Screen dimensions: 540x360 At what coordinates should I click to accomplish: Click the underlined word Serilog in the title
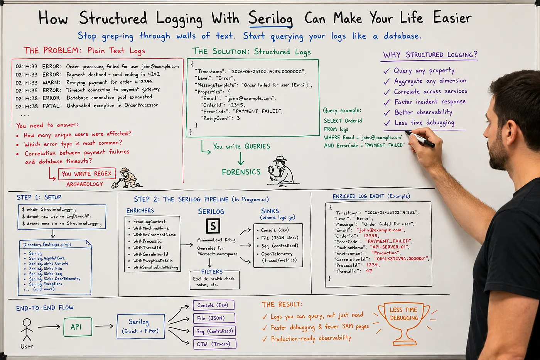pos(270,18)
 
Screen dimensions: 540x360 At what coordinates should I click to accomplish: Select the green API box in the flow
pos(78,327)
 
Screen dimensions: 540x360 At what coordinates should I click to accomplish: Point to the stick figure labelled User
pos(27,330)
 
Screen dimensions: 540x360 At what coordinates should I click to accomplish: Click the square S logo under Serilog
pos(213,226)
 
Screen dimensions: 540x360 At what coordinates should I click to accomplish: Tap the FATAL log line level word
pos(52,106)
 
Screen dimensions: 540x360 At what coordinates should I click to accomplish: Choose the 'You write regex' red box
pos(87,174)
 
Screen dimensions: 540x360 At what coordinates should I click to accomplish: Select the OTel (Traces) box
pos(214,344)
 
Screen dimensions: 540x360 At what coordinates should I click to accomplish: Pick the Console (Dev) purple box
pos(214,305)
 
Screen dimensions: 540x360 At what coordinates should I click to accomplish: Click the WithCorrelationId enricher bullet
pos(151,254)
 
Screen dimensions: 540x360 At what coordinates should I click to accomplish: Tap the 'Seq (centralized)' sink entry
pos(280,246)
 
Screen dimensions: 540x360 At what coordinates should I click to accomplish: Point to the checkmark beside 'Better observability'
pos(386,113)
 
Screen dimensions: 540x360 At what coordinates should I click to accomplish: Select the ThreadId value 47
pos(369,271)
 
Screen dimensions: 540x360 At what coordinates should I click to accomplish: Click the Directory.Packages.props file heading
pos(47,245)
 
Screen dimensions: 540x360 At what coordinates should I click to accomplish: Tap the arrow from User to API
pos(49,327)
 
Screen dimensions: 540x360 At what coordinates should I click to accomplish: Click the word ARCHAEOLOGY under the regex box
pos(84,184)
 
